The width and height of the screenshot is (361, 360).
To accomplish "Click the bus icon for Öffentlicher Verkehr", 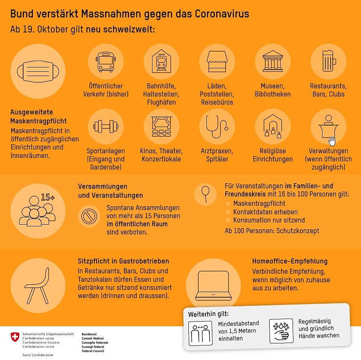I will coord(106,61).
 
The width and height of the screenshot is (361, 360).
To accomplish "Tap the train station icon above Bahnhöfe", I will coord(161,61).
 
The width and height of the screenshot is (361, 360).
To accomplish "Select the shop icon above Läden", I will coord(217,61).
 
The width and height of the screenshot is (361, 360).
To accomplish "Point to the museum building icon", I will coord(273,61).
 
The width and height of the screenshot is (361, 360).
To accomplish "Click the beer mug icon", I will coord(328,61).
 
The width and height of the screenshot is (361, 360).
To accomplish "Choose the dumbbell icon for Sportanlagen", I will coord(106,127).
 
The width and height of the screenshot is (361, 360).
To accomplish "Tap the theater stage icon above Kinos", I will coord(161,127).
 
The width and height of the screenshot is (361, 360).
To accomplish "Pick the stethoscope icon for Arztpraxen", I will coord(217,127).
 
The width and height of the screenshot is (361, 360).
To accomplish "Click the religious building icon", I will coord(273,127).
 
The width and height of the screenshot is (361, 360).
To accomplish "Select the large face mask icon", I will coord(38,71).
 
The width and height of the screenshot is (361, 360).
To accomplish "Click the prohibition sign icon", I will coord(89,216).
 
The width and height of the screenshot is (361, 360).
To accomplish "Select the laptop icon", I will coord(213,285).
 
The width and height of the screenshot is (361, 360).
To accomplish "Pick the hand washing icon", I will coord(281,331).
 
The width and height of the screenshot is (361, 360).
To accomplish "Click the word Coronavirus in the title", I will coord(222,14).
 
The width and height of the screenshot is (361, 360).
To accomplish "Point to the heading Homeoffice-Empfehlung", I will coord(290,261).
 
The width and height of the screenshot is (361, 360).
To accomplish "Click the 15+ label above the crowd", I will coord(48,197).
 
